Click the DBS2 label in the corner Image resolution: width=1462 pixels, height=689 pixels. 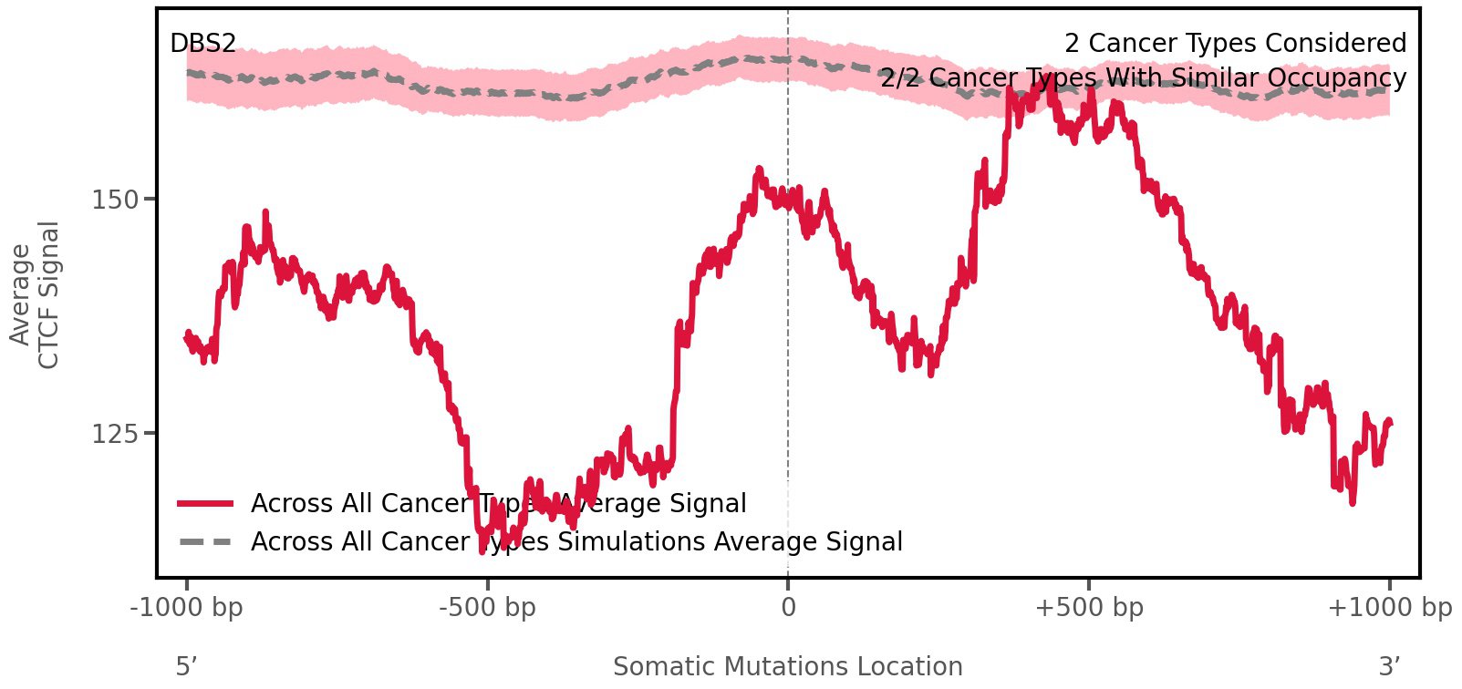click(x=202, y=43)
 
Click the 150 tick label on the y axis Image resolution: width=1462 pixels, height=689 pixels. click(x=115, y=200)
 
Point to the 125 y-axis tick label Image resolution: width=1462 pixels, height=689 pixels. click(x=115, y=434)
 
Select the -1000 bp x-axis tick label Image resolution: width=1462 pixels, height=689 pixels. click(x=187, y=607)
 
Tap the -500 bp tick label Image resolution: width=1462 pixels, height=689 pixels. click(x=487, y=607)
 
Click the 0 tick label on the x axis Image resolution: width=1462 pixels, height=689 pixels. click(x=788, y=607)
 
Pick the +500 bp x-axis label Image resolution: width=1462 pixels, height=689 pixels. click(x=1089, y=607)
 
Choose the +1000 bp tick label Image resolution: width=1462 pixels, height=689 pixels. click(x=1389, y=607)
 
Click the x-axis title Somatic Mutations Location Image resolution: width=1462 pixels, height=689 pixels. click(x=787, y=666)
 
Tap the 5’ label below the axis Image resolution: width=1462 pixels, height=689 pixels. click(x=186, y=666)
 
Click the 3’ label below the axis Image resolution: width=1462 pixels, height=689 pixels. click(x=1389, y=666)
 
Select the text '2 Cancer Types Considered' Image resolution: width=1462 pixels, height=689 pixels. click(x=1235, y=43)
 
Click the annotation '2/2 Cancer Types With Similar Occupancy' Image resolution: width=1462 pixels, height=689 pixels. click(x=1143, y=78)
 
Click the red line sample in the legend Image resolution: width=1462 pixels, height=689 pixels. click(x=206, y=503)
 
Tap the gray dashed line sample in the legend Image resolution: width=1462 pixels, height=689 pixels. click(x=206, y=541)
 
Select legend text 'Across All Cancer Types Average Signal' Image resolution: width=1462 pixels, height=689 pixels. click(x=498, y=503)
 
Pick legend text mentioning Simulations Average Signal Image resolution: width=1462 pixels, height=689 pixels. click(x=576, y=541)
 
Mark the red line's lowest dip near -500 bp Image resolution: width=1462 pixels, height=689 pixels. click(x=482, y=550)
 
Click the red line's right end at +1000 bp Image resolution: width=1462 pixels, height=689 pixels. click(x=1389, y=421)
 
